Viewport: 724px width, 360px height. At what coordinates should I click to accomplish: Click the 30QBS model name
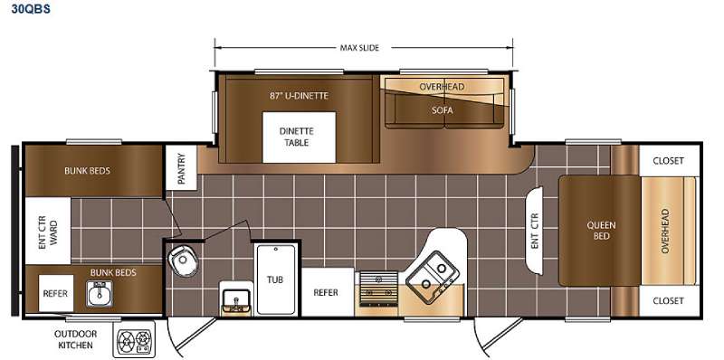[31, 9]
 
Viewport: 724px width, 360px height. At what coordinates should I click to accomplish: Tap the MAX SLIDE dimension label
[359, 48]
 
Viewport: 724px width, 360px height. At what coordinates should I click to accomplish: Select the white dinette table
[300, 137]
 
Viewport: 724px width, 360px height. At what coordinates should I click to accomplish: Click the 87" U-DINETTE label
[300, 96]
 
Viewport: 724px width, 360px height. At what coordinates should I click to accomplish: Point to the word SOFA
[443, 110]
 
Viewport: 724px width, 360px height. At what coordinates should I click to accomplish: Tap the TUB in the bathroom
[276, 279]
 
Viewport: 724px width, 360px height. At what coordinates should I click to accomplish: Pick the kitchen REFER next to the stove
[327, 293]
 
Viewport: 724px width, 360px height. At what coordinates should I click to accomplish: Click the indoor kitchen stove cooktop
[378, 289]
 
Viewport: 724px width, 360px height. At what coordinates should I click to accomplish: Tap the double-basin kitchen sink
[433, 276]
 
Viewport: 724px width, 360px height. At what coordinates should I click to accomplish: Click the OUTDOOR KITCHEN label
[76, 339]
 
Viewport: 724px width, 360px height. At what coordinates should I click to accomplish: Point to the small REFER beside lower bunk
[55, 293]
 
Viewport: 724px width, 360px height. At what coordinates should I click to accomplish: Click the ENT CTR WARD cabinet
[48, 231]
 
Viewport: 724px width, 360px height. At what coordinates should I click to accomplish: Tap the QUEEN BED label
[601, 231]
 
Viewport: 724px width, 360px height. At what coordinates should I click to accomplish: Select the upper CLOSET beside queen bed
[669, 161]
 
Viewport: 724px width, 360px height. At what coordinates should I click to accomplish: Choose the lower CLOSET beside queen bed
[669, 301]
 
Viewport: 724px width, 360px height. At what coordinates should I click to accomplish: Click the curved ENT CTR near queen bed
[535, 231]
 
